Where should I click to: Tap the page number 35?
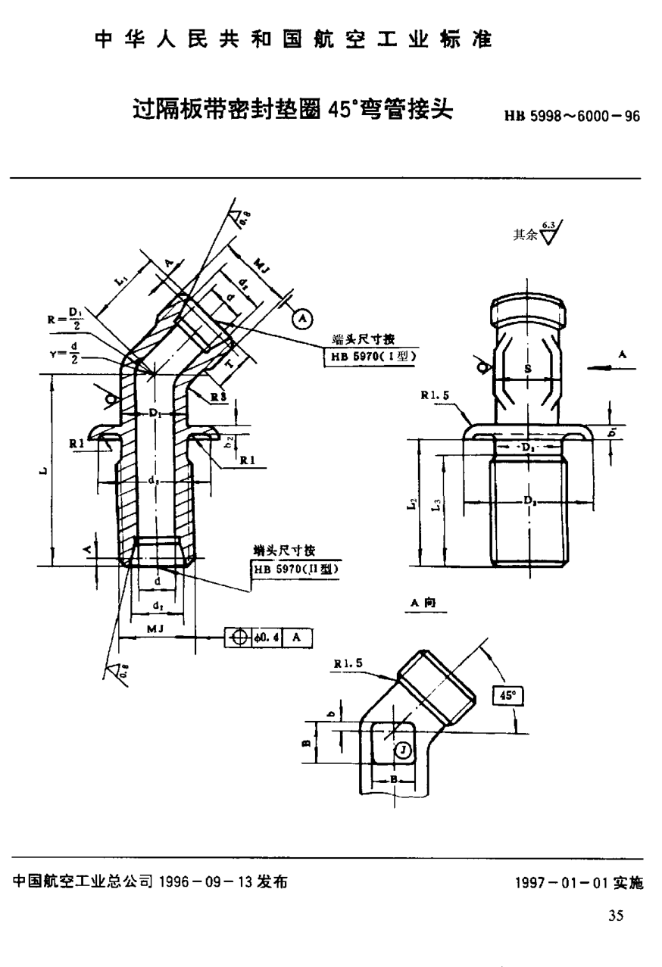615,916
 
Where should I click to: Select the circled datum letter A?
302,319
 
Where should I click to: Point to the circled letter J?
404,750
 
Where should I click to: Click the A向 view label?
421,602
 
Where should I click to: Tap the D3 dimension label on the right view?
528,501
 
